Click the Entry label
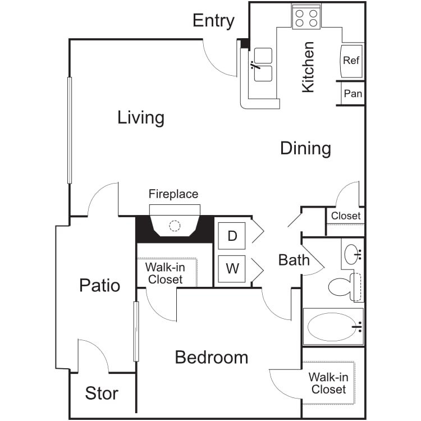(213, 21)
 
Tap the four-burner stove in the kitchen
(306, 17)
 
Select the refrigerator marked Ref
(351, 61)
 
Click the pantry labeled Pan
(353, 93)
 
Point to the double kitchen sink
(263, 65)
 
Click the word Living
(141, 118)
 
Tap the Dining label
(305, 148)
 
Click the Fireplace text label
(173, 194)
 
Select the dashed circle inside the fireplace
(175, 226)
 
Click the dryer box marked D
(232, 236)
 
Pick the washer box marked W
(232, 269)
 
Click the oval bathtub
(333, 327)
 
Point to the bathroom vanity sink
(353, 254)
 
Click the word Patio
(99, 285)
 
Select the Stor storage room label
(102, 393)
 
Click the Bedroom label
(212, 358)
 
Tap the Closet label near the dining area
(346, 216)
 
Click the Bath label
(294, 260)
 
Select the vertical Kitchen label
(308, 67)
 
